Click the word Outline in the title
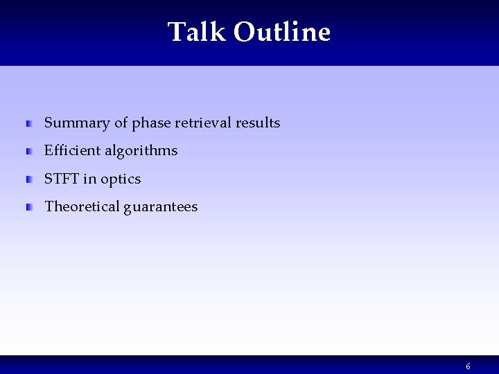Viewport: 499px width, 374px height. [282, 32]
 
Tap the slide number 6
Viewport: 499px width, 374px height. [468, 366]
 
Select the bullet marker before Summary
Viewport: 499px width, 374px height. [29, 124]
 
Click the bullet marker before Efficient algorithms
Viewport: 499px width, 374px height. [29, 152]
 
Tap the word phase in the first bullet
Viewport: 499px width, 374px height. [151, 123]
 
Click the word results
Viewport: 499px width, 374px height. [257, 123]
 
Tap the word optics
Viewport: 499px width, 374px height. [121, 179]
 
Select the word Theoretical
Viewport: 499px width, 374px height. [82, 207]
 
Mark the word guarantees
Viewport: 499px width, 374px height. [161, 207]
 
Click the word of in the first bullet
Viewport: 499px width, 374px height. [121, 123]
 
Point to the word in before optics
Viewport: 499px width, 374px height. [90, 179]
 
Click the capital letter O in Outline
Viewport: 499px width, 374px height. [244, 32]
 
